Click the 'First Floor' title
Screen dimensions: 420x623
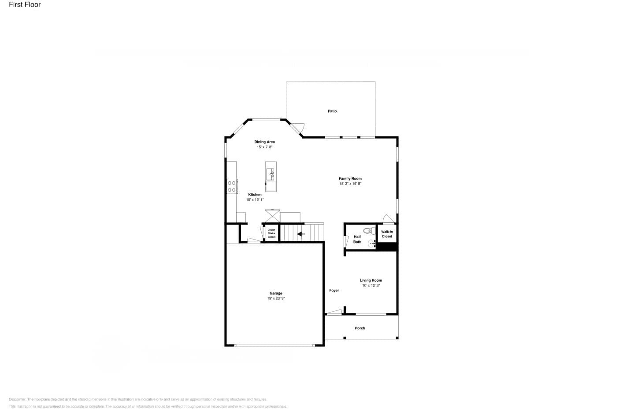click(25, 5)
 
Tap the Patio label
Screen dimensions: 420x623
click(332, 111)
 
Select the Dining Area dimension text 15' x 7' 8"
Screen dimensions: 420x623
click(265, 147)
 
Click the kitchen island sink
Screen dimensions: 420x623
click(270, 174)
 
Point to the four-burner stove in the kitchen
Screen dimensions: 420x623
click(232, 186)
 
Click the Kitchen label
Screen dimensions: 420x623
click(255, 195)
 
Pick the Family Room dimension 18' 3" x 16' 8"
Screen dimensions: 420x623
click(350, 184)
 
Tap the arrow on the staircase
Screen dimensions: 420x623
click(301, 234)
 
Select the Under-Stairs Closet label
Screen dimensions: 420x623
click(271, 233)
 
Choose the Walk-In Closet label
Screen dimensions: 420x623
click(387, 234)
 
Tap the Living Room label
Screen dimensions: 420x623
click(371, 280)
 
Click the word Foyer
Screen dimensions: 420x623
click(334, 291)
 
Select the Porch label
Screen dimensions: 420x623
click(360, 328)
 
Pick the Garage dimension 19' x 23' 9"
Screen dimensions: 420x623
click(276, 298)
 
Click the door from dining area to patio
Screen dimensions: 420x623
click(297, 127)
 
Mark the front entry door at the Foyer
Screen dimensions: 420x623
click(334, 313)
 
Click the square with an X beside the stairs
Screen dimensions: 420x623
click(272, 216)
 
